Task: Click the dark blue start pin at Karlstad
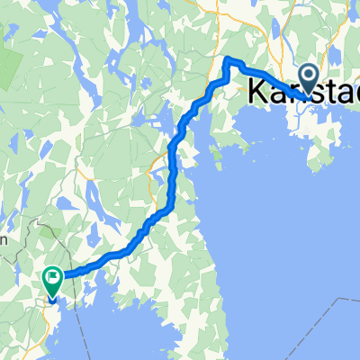(x=308, y=79)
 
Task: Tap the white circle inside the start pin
(x=308, y=76)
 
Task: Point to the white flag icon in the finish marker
(x=52, y=279)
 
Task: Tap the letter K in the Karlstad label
(x=257, y=91)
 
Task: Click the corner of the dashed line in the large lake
(x=344, y=300)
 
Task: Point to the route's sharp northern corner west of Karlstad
(x=227, y=60)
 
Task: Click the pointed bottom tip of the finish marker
(x=52, y=299)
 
